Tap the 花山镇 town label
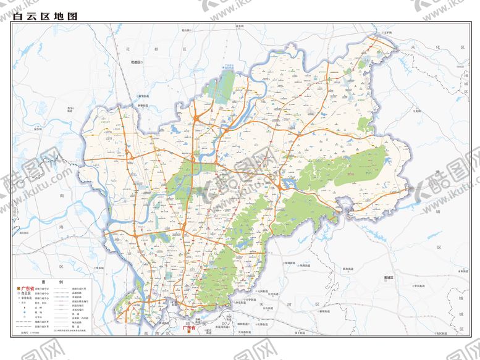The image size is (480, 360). point(185,29)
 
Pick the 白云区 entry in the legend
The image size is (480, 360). point(28,293)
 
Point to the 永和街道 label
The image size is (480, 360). point(464,270)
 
